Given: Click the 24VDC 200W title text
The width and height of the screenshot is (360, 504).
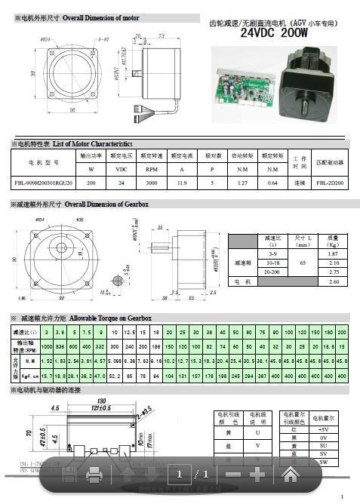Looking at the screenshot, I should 275,33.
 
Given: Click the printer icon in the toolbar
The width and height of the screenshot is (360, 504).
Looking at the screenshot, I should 94,475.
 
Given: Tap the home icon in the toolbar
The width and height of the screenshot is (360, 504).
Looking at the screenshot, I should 290,475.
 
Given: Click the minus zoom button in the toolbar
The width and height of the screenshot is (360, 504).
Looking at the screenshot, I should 233,475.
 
